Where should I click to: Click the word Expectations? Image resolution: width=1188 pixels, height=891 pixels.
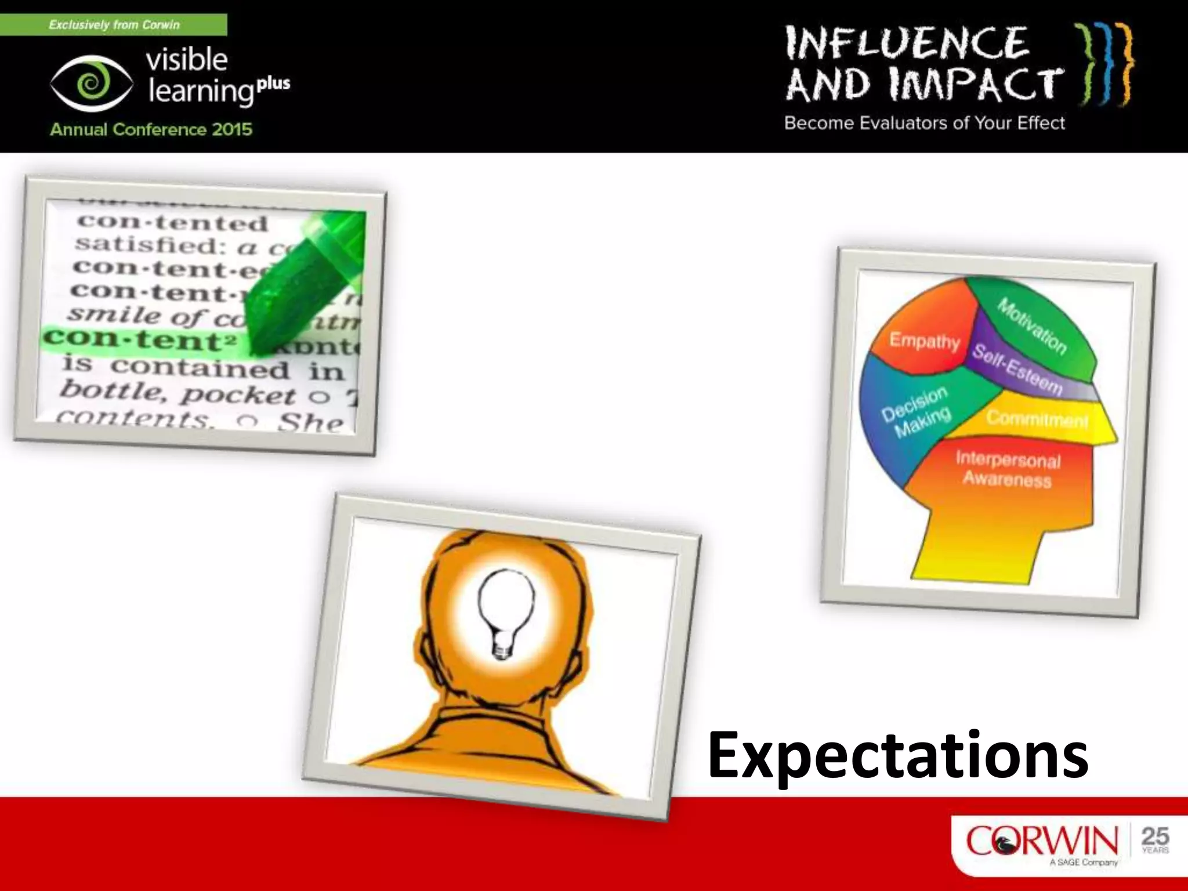(897, 755)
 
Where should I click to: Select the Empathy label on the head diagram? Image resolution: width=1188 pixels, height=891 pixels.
(925, 340)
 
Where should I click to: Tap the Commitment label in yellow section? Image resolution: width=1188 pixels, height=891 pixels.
(1037, 418)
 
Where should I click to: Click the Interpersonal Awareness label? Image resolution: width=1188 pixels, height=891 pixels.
(1008, 469)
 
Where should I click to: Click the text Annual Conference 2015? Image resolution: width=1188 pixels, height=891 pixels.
(151, 129)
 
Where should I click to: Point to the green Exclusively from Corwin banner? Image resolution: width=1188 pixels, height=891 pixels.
(114, 25)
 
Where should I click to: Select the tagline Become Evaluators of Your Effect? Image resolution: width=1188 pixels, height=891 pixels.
(925, 123)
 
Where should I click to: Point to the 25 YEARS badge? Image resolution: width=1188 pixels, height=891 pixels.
(1155, 839)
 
